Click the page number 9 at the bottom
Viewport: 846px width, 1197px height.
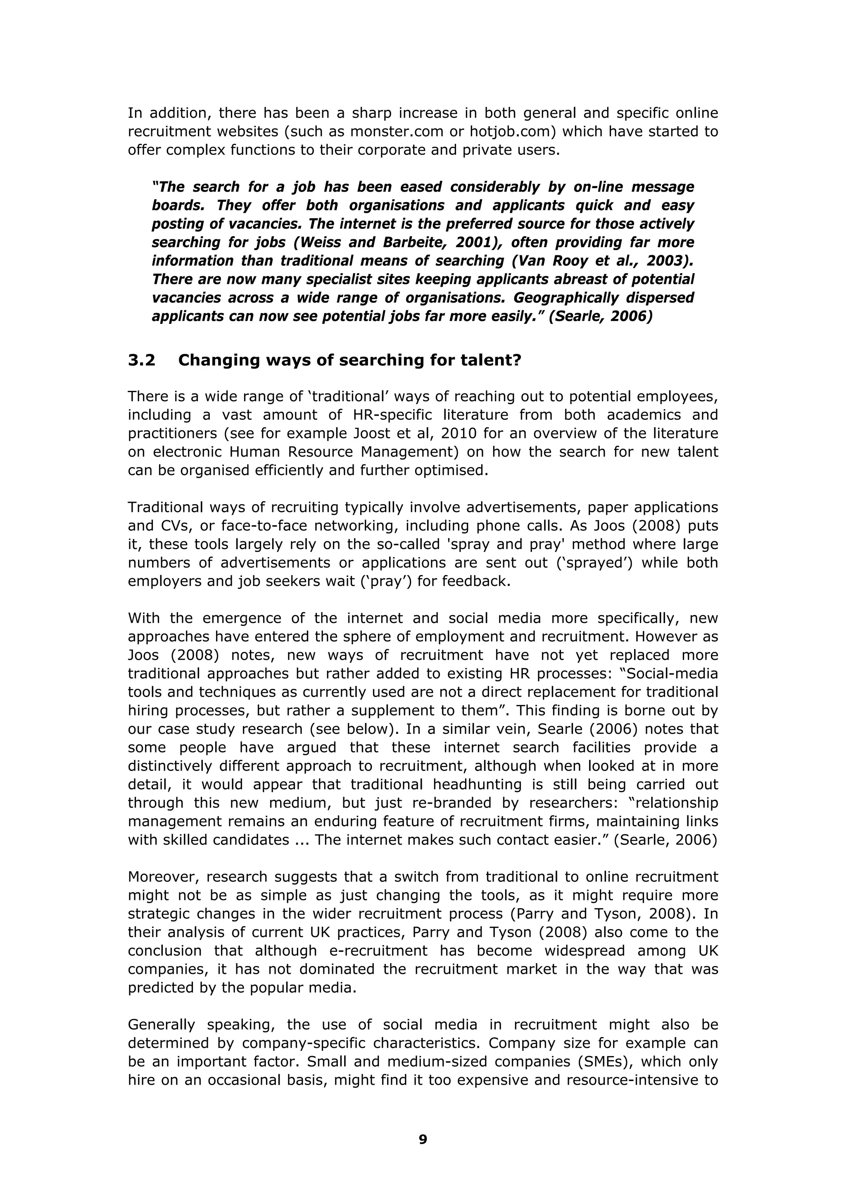click(423, 1140)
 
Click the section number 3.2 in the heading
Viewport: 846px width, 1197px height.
click(141, 360)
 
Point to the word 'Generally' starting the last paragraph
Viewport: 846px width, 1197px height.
click(161, 1025)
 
